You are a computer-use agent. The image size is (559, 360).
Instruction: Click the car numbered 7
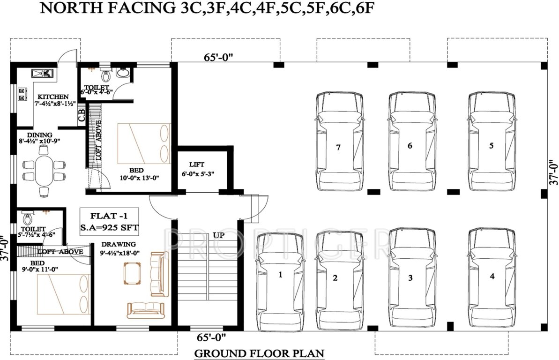coord(339,141)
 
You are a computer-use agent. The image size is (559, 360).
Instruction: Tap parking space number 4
coord(491,277)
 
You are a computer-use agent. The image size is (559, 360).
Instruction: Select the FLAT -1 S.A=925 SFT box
coord(109,222)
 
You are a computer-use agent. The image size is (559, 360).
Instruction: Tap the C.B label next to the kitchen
coord(82,115)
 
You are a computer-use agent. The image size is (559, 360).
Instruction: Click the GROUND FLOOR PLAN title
coord(259,352)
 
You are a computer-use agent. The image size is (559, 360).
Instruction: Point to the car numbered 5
coord(491,141)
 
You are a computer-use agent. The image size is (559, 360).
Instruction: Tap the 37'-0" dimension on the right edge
coord(553,172)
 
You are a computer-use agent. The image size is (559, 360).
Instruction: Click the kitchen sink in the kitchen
coord(42,73)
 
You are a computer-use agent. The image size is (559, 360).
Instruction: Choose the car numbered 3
coord(410,277)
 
